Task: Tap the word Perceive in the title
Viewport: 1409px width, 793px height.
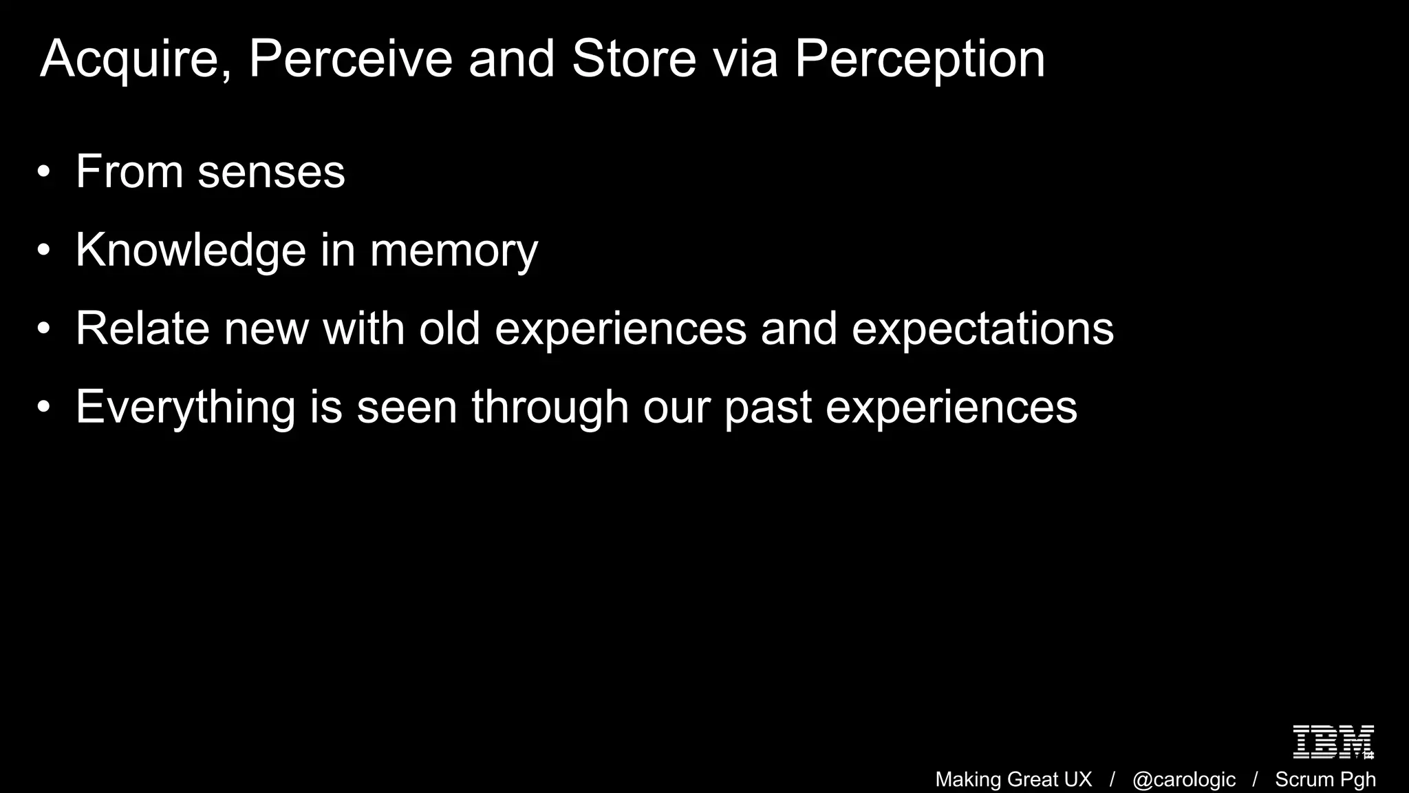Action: [350, 59]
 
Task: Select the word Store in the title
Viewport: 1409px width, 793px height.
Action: [634, 59]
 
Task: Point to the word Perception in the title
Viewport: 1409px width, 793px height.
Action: [919, 60]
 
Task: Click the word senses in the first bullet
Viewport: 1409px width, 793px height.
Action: [271, 172]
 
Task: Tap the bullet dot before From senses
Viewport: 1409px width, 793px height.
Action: [44, 172]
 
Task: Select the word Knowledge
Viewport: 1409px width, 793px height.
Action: [191, 250]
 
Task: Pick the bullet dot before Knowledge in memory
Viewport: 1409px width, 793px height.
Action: [44, 251]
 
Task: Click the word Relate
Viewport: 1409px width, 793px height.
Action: [142, 328]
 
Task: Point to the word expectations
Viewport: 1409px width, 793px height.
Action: [982, 330]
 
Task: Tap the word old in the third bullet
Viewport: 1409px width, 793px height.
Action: [449, 328]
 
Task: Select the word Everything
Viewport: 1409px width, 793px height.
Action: [185, 408]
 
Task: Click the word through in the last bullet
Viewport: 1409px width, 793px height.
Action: [550, 408]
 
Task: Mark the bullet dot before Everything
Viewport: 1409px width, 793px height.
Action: [44, 407]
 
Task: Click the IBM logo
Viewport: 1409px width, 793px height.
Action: [1333, 742]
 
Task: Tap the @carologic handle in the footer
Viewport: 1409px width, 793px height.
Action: [1183, 779]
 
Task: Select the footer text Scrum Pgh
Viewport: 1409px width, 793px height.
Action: [1325, 779]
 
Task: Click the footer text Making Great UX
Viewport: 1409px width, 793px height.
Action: [1013, 779]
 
